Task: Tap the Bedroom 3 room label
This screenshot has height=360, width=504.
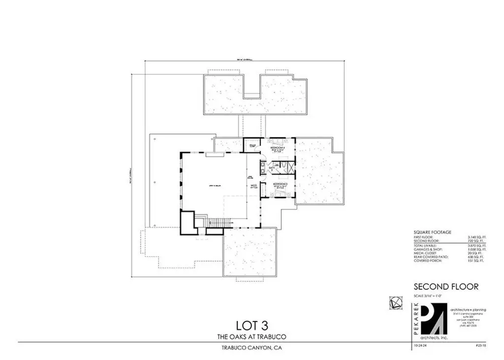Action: click(280, 183)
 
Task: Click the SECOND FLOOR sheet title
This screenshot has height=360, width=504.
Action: click(446, 287)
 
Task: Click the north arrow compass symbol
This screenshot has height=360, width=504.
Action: click(394, 302)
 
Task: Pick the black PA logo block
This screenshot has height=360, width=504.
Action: click(432, 322)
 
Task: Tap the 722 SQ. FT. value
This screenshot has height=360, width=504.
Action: click(476, 240)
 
